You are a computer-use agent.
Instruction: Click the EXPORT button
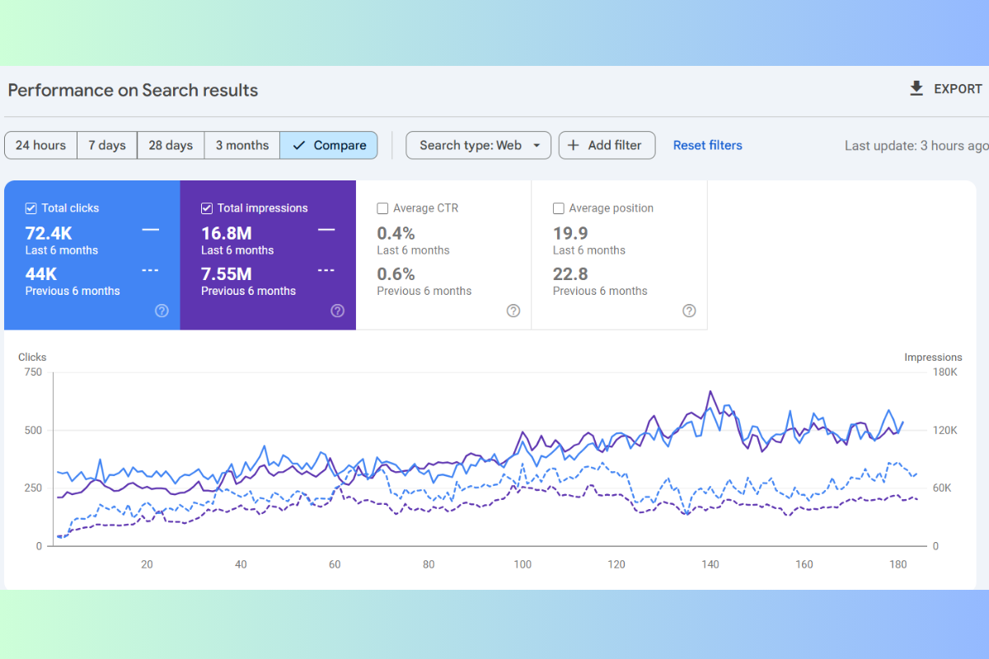click(x=945, y=89)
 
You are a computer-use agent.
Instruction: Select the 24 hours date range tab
click(x=40, y=145)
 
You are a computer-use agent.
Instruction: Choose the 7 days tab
click(x=107, y=145)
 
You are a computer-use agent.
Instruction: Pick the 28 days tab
click(x=171, y=145)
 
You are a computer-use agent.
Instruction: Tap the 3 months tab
click(x=242, y=145)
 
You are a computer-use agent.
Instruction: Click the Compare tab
click(x=329, y=145)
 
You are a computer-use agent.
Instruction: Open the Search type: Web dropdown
click(x=478, y=145)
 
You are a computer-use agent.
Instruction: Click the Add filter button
click(x=607, y=145)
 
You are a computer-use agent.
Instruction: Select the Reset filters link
click(x=707, y=145)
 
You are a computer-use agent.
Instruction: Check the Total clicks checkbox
click(x=31, y=208)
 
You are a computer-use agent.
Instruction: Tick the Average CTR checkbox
click(x=382, y=208)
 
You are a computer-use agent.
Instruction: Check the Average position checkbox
click(x=559, y=208)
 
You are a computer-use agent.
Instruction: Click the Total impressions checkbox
click(x=207, y=208)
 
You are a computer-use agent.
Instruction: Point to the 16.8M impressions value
click(x=226, y=233)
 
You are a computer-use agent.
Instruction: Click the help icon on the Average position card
click(x=689, y=311)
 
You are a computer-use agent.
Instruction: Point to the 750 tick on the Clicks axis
click(x=33, y=372)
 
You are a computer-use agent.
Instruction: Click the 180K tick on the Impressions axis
click(x=944, y=372)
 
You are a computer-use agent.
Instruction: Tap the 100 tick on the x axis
click(x=523, y=564)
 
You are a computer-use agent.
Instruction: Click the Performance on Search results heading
click(x=133, y=91)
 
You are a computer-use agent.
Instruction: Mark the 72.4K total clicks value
click(x=49, y=233)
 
